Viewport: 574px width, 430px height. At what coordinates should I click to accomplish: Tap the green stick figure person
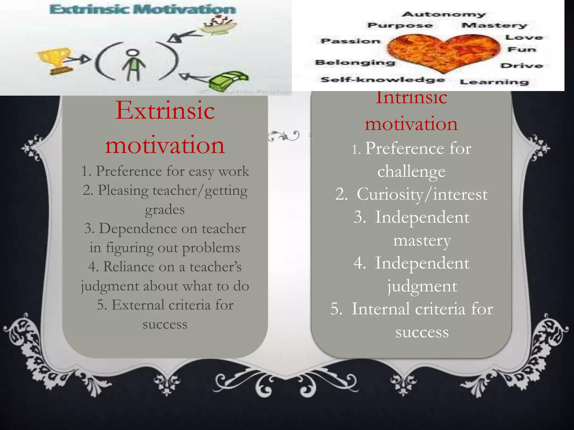point(134,64)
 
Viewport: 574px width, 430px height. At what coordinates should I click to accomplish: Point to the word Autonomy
point(443,14)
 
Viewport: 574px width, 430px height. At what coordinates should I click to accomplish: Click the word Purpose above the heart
point(400,25)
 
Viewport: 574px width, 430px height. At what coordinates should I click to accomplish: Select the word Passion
point(351,41)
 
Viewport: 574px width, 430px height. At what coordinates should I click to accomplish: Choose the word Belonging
point(355,62)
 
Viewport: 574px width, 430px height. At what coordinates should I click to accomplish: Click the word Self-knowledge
point(383,80)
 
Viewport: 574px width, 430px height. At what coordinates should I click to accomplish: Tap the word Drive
point(522,66)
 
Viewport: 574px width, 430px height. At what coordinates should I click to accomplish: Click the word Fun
point(522,50)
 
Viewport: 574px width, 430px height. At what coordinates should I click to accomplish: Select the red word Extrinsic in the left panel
point(165,111)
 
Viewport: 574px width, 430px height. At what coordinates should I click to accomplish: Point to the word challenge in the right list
point(411,171)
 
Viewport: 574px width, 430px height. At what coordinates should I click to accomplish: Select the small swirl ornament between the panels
point(284,136)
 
